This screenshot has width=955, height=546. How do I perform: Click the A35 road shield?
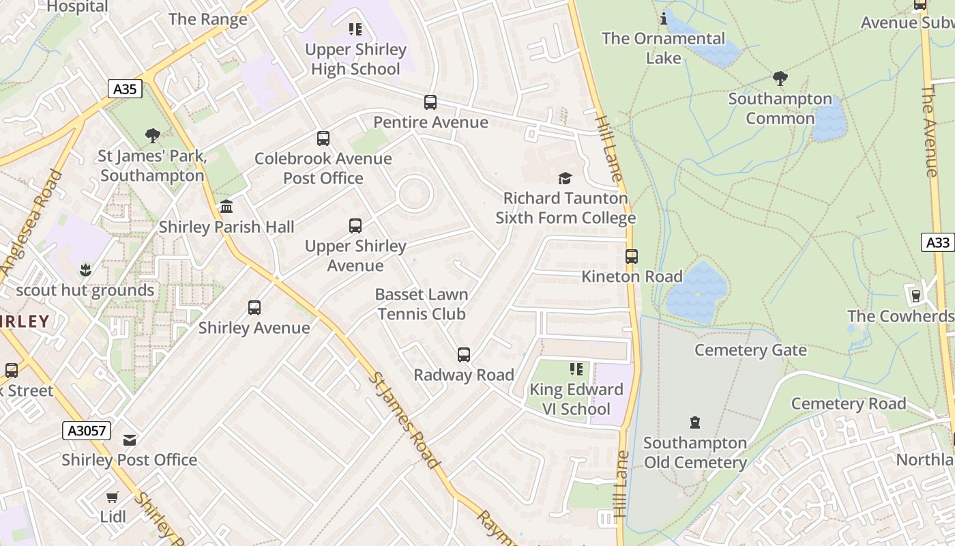tap(125, 89)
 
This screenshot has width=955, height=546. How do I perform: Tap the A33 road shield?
tap(938, 242)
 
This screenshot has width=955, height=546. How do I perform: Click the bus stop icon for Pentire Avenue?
tap(430, 102)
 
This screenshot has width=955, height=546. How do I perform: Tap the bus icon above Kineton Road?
tap(632, 257)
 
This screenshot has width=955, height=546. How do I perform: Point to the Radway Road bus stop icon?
tap(464, 355)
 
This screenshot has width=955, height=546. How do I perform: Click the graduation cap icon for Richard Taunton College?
tap(565, 179)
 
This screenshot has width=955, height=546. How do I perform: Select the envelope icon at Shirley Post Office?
tap(130, 440)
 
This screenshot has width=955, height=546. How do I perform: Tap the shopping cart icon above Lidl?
tap(113, 497)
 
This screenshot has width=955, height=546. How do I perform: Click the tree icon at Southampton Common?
tap(780, 78)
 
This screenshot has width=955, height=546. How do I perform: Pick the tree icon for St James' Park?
tap(153, 136)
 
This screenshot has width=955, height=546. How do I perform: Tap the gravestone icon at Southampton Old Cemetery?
tap(695, 422)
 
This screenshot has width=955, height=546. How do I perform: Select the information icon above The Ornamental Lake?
tap(664, 18)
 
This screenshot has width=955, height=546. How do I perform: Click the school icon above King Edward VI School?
tap(576, 369)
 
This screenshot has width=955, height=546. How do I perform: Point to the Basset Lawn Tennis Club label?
tap(422, 304)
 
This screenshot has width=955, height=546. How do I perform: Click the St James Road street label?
tap(405, 420)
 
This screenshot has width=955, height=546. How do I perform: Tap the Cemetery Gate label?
tap(750, 350)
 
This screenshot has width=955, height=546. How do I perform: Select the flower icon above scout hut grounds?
tap(85, 270)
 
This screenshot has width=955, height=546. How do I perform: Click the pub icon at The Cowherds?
tap(916, 296)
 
